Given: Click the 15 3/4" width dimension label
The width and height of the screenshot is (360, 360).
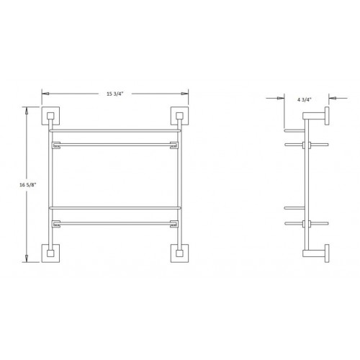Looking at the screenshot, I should pyautogui.click(x=114, y=94).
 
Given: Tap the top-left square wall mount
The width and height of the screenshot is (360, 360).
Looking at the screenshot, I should pyautogui.click(x=52, y=117).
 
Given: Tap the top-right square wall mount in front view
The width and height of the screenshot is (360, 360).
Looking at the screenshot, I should pyautogui.click(x=178, y=117).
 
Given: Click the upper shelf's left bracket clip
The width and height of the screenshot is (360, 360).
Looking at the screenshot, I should pyautogui.click(x=53, y=144).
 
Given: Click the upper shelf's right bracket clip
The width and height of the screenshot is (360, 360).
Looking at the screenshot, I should pyautogui.click(x=174, y=144).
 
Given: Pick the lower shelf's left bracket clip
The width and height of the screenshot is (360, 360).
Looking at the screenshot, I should pyautogui.click(x=53, y=223).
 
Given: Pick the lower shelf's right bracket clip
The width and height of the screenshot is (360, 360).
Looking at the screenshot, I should pyautogui.click(x=174, y=223).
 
